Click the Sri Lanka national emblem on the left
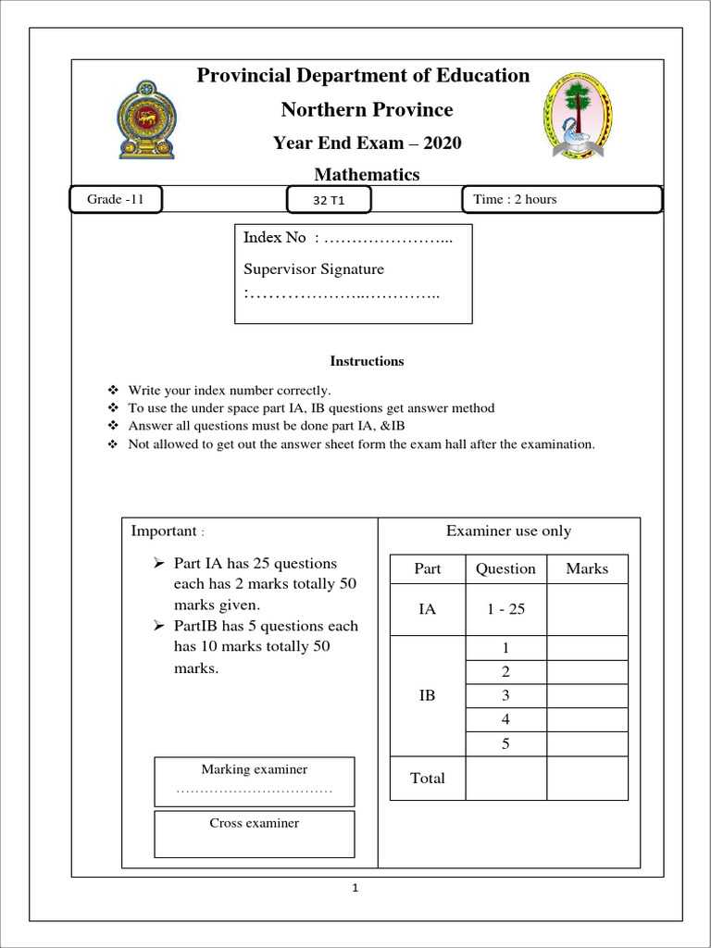coord(146,118)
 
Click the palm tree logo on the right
coord(577,115)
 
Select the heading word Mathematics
coord(367,174)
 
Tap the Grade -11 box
coord(117,199)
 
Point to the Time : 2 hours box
coord(561,199)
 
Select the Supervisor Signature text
coord(313,269)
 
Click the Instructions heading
coord(367,361)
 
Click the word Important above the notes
coord(164,531)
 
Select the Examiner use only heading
coord(508,531)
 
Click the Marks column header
coord(587,568)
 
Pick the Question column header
coord(505,568)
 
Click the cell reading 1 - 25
coord(505,609)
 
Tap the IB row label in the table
coord(427,694)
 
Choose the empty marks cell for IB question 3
coord(587,695)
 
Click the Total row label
coord(427,778)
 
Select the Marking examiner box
coord(255,780)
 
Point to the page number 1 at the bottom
coord(355,890)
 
